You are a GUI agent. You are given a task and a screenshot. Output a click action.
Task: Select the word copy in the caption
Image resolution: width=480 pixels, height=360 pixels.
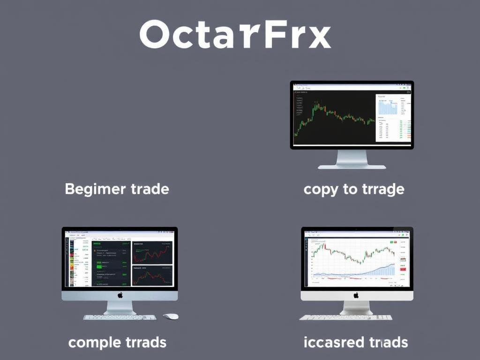(x=321, y=190)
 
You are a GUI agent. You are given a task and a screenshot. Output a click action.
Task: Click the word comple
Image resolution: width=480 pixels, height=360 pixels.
(x=94, y=343)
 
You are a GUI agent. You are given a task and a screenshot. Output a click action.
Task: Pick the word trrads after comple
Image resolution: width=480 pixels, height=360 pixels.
(x=145, y=342)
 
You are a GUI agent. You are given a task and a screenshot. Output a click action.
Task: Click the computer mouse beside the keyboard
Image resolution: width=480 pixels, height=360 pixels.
(x=171, y=316)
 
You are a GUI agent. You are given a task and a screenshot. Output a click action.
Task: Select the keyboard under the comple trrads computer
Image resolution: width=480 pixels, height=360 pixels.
(x=120, y=317)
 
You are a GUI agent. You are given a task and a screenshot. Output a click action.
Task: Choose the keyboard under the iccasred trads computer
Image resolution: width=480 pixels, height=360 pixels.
(x=346, y=317)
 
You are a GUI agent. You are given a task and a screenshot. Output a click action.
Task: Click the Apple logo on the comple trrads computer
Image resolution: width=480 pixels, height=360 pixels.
(x=120, y=295)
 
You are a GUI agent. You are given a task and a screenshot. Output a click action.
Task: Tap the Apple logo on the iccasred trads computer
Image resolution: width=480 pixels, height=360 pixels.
(x=356, y=295)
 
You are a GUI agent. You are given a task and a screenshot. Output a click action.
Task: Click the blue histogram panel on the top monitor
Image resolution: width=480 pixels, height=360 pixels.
(x=388, y=107)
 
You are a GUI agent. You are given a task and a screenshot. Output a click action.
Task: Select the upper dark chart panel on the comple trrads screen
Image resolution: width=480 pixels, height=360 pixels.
(x=152, y=253)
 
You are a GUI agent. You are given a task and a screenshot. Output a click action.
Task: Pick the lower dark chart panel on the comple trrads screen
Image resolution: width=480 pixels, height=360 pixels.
(x=152, y=276)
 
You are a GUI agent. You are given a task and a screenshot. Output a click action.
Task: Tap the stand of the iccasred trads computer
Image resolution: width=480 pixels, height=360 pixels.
(x=356, y=308)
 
